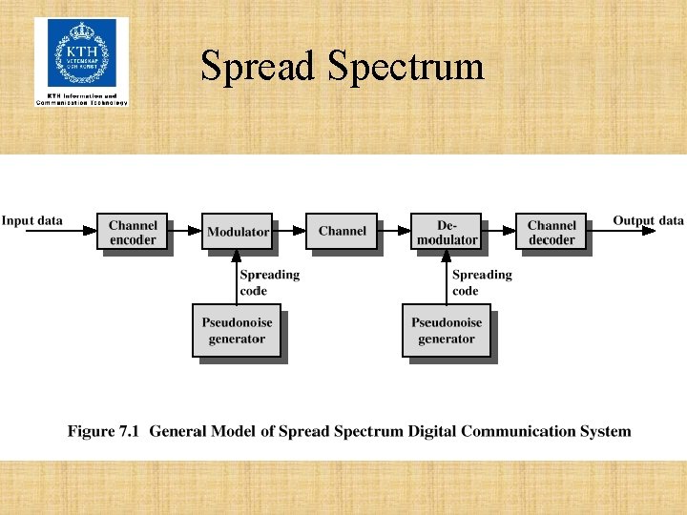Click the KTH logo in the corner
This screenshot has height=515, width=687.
coord(81,59)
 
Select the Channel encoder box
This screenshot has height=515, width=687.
coord(133,233)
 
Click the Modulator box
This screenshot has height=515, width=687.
coord(238,232)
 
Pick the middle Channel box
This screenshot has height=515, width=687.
coord(342,232)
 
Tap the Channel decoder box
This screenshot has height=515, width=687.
coord(552,233)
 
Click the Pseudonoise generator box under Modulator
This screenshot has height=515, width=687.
coord(237,331)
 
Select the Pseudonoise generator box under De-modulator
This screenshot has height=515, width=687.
coord(447,331)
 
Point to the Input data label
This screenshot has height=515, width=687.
coord(32,221)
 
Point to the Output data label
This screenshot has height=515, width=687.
coord(648,221)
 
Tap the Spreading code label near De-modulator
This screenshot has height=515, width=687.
coord(481,282)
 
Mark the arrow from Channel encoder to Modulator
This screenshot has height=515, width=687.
coord(185,231)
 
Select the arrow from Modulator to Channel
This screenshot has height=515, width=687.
coord(289,231)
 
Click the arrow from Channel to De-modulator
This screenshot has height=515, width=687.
coord(394,231)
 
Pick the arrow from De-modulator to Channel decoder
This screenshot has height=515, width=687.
coord(498,231)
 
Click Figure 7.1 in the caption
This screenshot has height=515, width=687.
coord(103,432)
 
